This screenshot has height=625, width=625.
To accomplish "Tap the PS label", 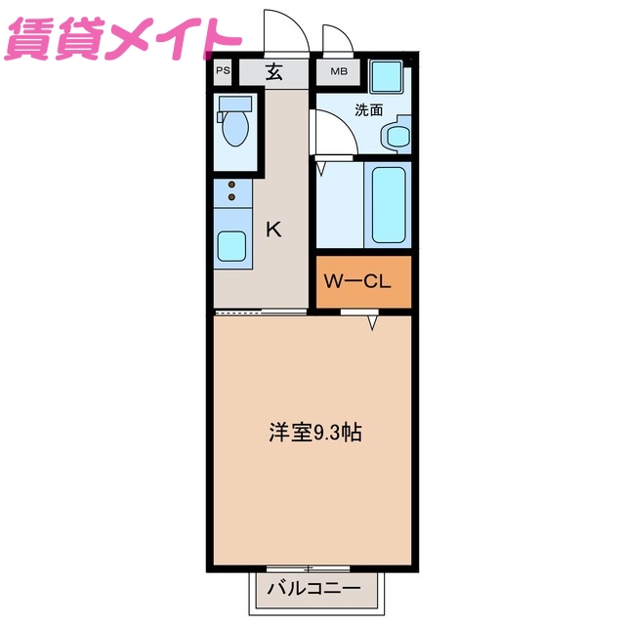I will click(224, 70).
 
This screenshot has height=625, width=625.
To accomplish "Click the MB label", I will click(338, 70).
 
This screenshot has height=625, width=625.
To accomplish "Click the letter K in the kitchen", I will click(274, 229).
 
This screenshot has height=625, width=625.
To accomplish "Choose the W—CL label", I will click(357, 282).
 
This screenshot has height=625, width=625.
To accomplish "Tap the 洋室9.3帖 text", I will click(315, 433).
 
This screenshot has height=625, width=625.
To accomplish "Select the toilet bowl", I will click(236, 127).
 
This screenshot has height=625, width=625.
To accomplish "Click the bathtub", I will click(388, 205).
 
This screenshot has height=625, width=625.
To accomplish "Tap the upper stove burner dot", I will click(231, 184).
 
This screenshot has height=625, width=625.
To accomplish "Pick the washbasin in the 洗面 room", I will click(397, 136).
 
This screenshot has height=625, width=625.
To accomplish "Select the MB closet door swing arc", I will click(338, 39).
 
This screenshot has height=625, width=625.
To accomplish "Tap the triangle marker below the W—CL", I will click(372, 322).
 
